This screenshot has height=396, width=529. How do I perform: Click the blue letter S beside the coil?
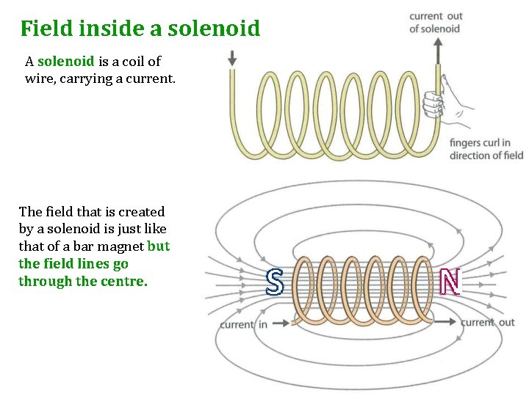coord(273,282)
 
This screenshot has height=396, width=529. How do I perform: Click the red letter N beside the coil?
coord(450,281)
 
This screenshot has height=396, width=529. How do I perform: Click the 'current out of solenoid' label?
coord(435,22)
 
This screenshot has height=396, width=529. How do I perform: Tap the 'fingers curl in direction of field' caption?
coord(486,149)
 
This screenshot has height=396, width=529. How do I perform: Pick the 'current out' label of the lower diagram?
coord(487,323)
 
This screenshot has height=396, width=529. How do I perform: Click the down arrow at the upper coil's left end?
coord(232,59)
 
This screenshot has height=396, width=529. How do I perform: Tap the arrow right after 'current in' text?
coord(280,323)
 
